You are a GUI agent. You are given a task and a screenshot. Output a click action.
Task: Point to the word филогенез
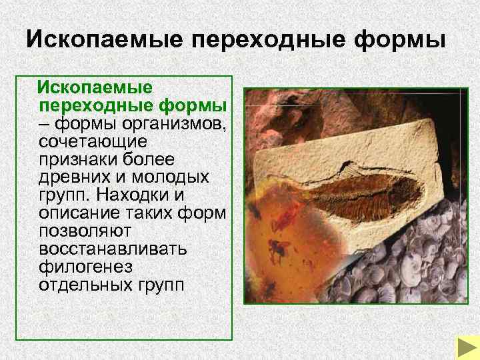(x=78, y=267)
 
